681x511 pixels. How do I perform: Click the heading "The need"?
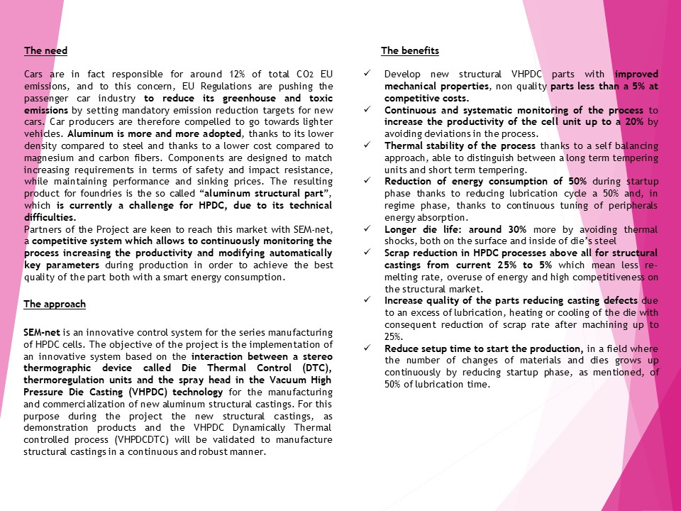pyautogui.click(x=45, y=51)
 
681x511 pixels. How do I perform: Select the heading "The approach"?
pyautogui.click(x=55, y=304)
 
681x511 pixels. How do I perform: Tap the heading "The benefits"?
pyautogui.click(x=409, y=51)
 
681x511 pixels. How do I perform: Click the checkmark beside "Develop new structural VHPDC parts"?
pyautogui.click(x=366, y=74)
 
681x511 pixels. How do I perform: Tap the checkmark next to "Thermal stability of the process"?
pyautogui.click(x=366, y=146)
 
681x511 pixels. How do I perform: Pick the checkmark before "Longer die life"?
pyautogui.click(x=366, y=230)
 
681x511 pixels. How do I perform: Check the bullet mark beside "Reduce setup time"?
pyautogui.click(x=366, y=348)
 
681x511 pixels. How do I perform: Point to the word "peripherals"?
pyautogui.click(x=631, y=206)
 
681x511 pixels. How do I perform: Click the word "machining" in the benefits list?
pyautogui.click(x=603, y=324)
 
